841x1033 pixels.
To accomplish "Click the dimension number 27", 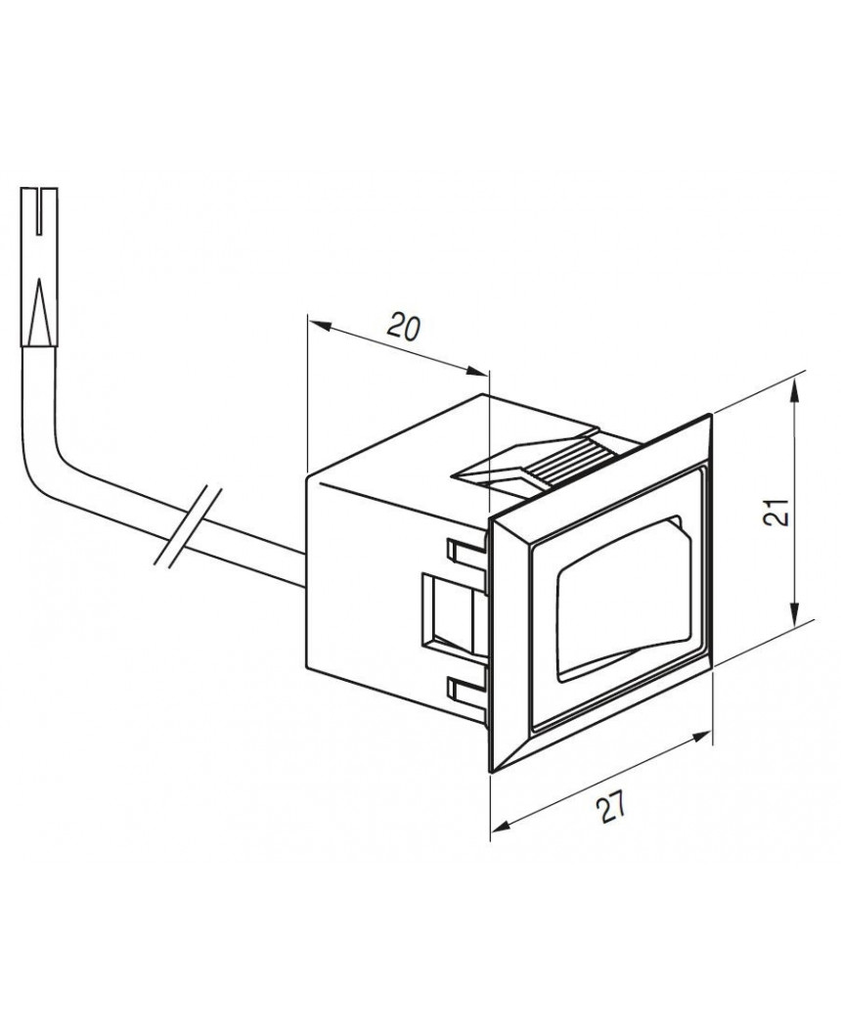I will (610, 808).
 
